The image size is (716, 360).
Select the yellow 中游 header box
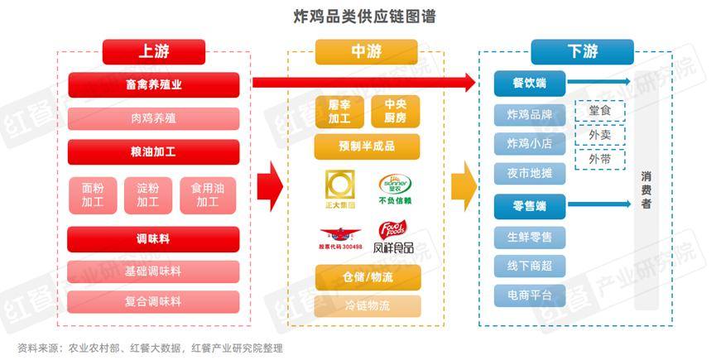pos(366,51)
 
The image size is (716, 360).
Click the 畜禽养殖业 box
pos(154,84)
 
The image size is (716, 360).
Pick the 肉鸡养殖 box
pos(154,118)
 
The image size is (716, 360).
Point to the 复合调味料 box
pos(154,301)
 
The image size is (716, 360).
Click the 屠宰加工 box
pos(339,111)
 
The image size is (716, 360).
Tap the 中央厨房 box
pos(396,111)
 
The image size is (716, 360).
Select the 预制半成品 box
pos(367,146)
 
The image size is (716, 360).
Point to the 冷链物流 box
pos(367,305)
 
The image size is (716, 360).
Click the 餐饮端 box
pos(529,83)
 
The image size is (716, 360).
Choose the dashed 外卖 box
pos(599,133)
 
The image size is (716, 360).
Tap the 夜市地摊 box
pos(529,172)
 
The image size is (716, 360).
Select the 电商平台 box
pos(529,294)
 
